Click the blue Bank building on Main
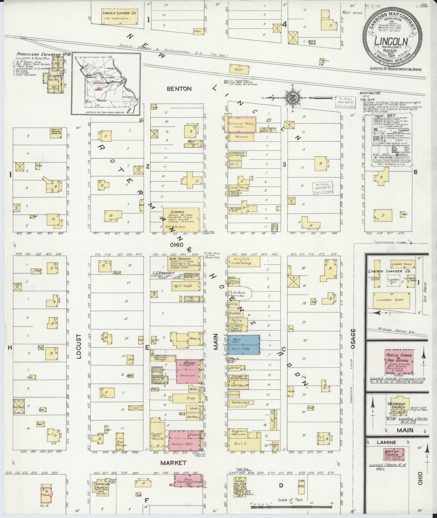pyautogui.click(x=244, y=344)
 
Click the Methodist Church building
pyautogui.click(x=396, y=408)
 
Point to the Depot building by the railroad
pyautogui.click(x=239, y=69)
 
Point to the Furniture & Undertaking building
pyautogui.click(x=244, y=261)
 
